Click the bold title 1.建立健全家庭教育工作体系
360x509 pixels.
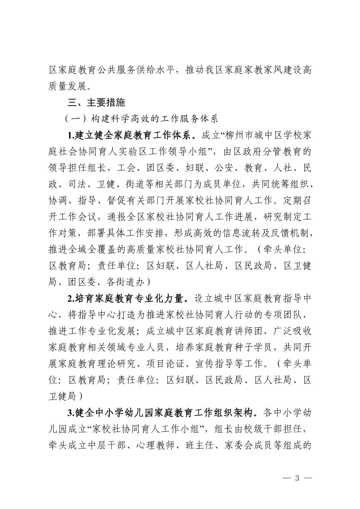[133, 135]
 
